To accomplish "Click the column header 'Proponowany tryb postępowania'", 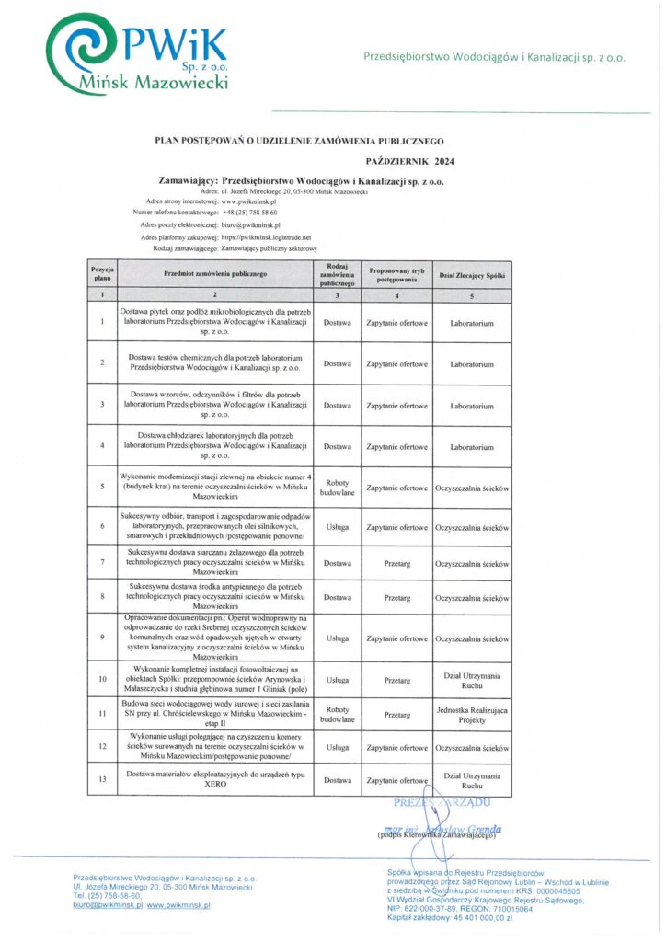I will [396, 275].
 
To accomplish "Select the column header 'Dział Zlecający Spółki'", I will [472, 275].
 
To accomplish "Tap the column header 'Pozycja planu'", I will [102, 275].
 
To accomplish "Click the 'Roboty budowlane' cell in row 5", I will [337, 488].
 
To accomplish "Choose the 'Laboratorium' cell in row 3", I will [472, 406].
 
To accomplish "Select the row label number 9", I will [102, 638].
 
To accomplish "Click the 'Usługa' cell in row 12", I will [337, 748].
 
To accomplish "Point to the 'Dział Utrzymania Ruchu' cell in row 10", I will [472, 681].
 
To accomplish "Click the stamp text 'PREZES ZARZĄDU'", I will [433, 803].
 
